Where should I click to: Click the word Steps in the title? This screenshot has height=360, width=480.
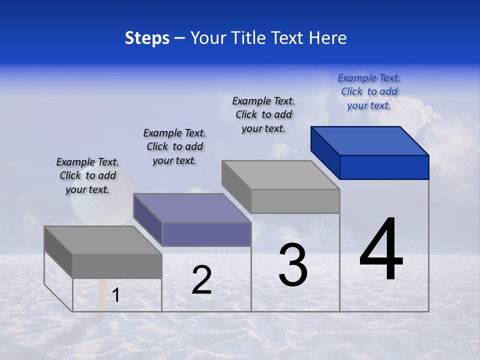(x=147, y=38)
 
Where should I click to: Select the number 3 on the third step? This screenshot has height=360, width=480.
(x=293, y=265)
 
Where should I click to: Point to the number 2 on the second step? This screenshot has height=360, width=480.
(x=201, y=280)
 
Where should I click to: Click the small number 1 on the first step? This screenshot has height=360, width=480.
(x=116, y=295)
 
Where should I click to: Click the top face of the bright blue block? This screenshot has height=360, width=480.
(x=370, y=141)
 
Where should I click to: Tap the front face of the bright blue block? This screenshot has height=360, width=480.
(x=384, y=167)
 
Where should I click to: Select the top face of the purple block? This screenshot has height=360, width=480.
(x=192, y=208)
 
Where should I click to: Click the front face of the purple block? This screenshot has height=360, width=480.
(x=206, y=234)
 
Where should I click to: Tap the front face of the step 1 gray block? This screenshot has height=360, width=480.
(x=117, y=265)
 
